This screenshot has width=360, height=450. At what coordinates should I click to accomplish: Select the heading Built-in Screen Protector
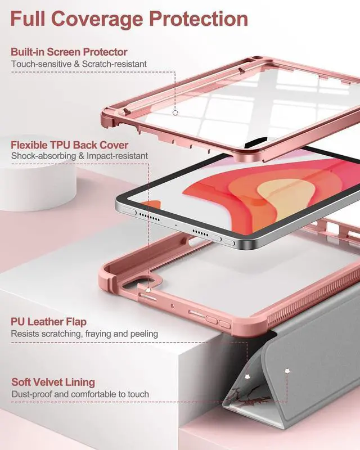click(69, 52)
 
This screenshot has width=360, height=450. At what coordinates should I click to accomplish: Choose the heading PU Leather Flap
click(49, 322)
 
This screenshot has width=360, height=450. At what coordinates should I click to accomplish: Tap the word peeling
click(143, 334)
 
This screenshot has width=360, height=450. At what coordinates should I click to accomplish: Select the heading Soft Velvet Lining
click(53, 382)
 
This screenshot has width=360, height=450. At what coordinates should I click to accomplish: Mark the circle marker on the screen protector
click(175, 112)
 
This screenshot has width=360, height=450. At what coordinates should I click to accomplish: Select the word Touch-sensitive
click(41, 64)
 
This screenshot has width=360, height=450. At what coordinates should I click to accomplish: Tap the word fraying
click(101, 334)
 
